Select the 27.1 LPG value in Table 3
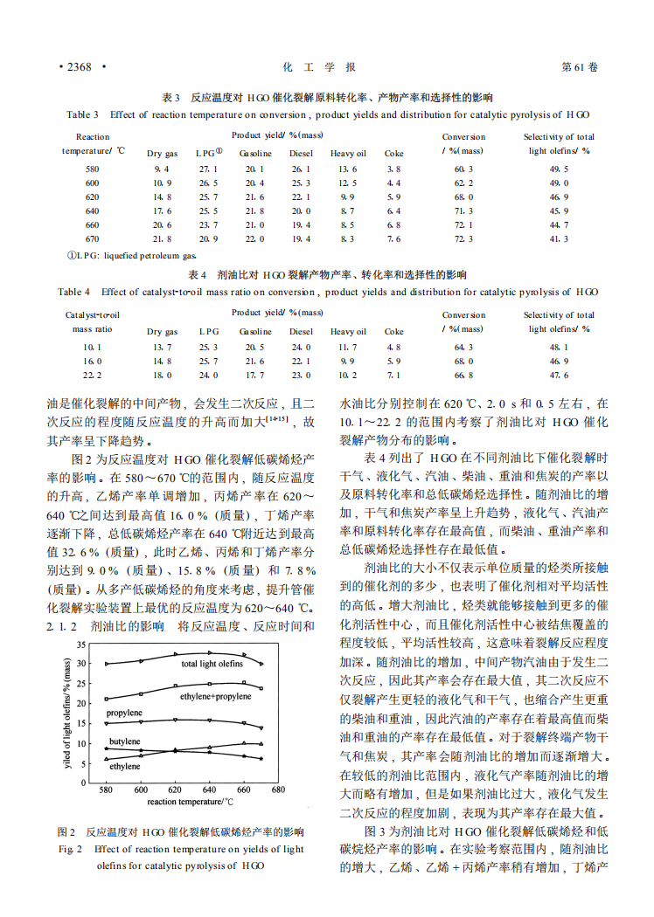click(208, 169)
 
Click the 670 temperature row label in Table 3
click(93, 238)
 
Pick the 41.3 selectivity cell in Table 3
click(560, 238)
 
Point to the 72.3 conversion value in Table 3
click(463, 238)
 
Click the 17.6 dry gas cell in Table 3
click(161, 210)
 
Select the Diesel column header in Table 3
click(301, 154)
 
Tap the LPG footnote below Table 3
click(132, 256)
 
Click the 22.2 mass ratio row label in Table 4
click(93, 375)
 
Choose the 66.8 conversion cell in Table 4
click(463, 375)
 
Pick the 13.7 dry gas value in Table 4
click(161, 347)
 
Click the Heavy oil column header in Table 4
click(348, 332)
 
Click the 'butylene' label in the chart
click(125, 741)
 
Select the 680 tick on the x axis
click(278, 789)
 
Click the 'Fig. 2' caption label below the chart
click(70, 848)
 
